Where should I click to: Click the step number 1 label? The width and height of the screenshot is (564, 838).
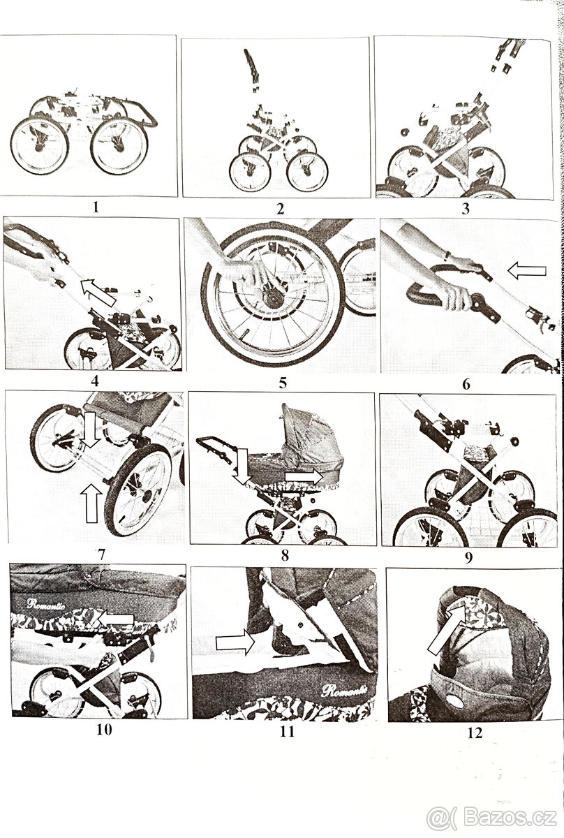(96, 207)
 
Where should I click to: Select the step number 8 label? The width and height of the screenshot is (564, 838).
(285, 556)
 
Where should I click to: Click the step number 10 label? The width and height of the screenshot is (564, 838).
(104, 729)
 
